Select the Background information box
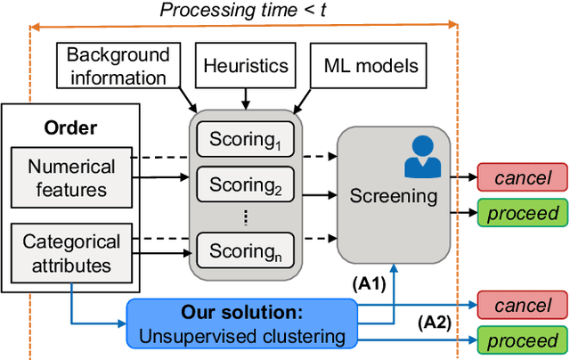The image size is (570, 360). pos(117,66)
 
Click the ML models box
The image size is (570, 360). pos(370,65)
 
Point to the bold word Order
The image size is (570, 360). pos(70,127)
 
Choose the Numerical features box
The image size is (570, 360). pos(71,177)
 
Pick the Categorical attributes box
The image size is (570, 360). pos(71,252)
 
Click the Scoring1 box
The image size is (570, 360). pos(245,139)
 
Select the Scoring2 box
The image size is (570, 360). pos(245,185)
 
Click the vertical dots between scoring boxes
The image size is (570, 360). pos(245,218)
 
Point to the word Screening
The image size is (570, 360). pos(393,194)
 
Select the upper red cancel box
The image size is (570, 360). pos(523,177)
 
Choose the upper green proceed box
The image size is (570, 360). pos(523,212)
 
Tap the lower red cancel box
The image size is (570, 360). pos(523,306)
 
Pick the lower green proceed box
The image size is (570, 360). pos(523,340)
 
